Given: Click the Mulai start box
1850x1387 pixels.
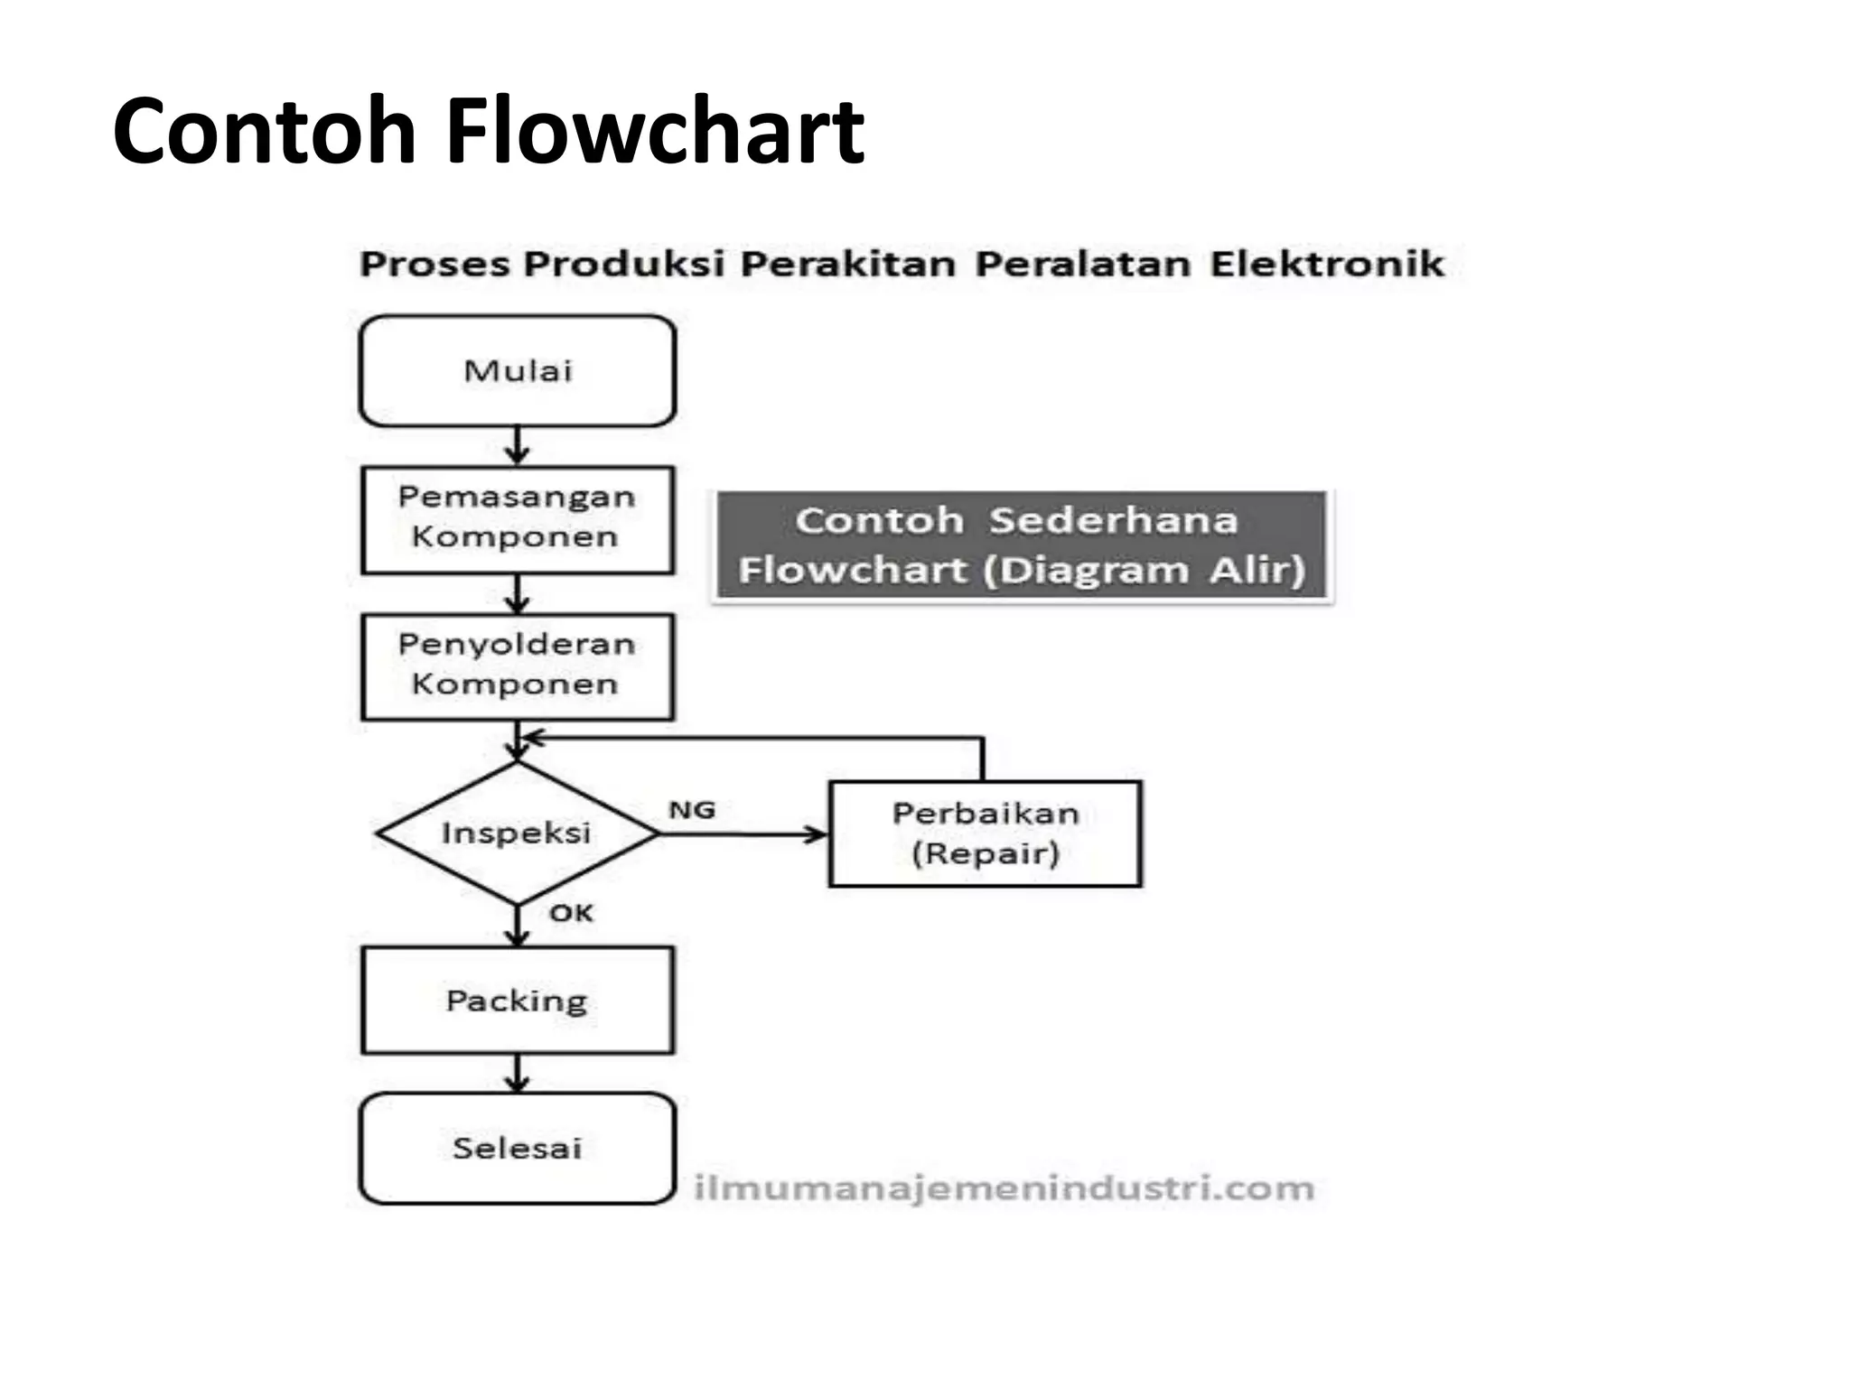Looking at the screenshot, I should pyautogui.click(x=518, y=370).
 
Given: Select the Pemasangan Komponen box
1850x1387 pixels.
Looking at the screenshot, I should pyautogui.click(x=518, y=519).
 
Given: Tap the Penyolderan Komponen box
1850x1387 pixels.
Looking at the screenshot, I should pyautogui.click(x=518, y=666).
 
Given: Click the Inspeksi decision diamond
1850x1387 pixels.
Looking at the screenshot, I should pyautogui.click(x=517, y=833).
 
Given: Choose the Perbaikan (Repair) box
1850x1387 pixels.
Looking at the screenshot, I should pyautogui.click(x=985, y=833).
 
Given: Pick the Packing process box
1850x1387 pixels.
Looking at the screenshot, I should pyautogui.click(x=518, y=1000).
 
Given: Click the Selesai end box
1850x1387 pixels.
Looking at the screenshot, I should pyautogui.click(x=518, y=1148).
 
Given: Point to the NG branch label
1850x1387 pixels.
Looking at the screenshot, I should pyautogui.click(x=692, y=810).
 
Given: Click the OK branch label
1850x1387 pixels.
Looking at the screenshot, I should pyautogui.click(x=571, y=913).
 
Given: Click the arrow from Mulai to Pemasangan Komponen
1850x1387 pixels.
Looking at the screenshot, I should pyautogui.click(x=517, y=445).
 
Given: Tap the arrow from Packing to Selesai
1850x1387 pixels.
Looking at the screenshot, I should pyautogui.click(x=517, y=1073).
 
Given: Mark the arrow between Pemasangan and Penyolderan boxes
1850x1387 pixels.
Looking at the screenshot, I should pyautogui.click(x=517, y=593).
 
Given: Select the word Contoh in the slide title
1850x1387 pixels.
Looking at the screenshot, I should pyautogui.click(x=264, y=131).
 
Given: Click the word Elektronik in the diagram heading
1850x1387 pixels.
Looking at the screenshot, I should pyautogui.click(x=1327, y=264).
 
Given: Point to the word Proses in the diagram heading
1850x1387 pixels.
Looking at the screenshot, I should pyautogui.click(x=435, y=264).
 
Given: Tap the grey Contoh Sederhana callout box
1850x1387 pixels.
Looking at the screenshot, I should pyautogui.click(x=1022, y=545).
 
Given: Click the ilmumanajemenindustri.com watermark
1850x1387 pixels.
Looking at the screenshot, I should pyautogui.click(x=1004, y=1188).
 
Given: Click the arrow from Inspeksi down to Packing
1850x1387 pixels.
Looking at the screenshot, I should pyautogui.click(x=517, y=925).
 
